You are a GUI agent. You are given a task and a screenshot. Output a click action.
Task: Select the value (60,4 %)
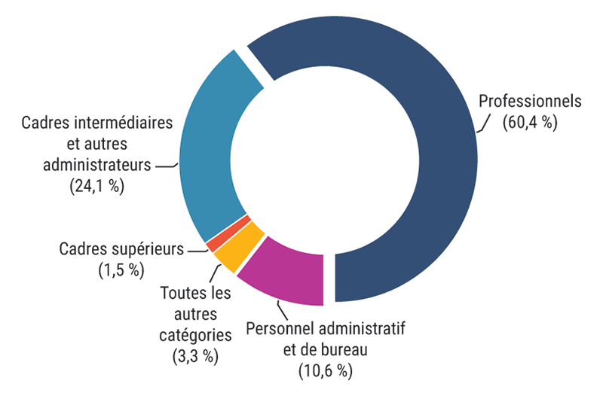531,123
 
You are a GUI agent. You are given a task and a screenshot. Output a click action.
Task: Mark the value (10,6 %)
326,370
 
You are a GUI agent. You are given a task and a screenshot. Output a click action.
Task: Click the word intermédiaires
121,122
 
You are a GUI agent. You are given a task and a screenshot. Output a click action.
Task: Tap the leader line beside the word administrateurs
166,164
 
